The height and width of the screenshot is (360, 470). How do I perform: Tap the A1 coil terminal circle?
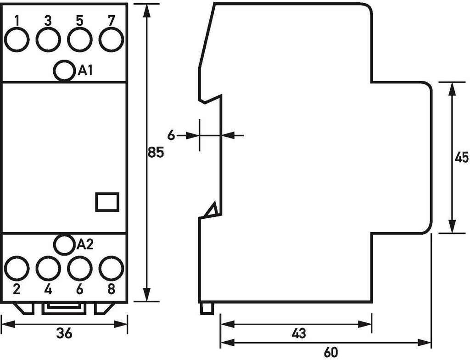pos(64,71)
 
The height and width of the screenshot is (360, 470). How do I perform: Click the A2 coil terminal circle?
pos(64,244)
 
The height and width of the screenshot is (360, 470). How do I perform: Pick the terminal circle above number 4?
pos(48,268)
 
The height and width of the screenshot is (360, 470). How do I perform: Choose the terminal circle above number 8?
pos(111,268)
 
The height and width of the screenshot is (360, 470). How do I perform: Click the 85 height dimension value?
pos(156,152)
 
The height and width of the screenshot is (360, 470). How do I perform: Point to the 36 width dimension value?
pos(65,334)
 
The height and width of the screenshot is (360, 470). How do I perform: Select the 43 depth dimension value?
pos(298,333)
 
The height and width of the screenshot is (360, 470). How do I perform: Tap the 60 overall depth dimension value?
pos(330,352)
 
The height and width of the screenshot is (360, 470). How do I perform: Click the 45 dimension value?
pos(461,158)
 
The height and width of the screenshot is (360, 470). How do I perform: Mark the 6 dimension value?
pos(171,135)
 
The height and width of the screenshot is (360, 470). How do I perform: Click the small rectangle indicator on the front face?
pos(107,202)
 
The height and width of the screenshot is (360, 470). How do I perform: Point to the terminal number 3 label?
pos(48,21)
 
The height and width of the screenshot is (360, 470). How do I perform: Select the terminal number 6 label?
pos(79,289)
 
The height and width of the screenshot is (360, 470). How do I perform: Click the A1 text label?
pos(86,71)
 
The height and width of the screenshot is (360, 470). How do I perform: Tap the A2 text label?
pos(85,244)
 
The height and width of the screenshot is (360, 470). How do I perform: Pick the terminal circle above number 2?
pos(17,268)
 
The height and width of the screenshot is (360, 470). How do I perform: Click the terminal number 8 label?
pos(111,289)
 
